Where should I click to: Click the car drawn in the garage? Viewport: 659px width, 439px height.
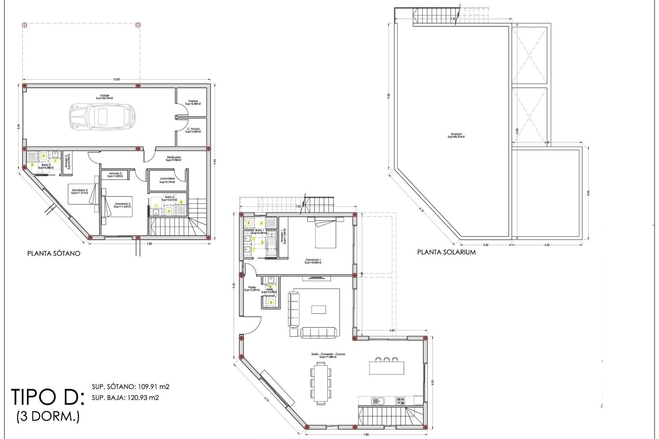[102, 117]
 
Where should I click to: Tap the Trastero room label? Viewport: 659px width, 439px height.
[193, 102]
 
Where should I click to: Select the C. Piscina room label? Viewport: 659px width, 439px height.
[193, 130]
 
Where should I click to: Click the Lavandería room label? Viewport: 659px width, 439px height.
[167, 180]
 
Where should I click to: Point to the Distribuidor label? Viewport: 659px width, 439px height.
[174, 158]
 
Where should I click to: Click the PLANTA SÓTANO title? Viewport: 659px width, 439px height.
[54, 253]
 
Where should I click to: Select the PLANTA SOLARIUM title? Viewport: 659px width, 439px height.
[446, 252]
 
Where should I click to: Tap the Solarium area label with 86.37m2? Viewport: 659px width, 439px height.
[456, 135]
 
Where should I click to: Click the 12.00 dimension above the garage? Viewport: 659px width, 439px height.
[117, 80]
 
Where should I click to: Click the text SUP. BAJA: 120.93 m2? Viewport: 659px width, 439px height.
[125, 398]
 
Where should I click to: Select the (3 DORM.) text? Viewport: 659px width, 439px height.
[48, 417]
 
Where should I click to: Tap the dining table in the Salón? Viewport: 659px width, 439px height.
[321, 382]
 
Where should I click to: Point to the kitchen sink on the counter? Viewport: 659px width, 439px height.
[378, 401]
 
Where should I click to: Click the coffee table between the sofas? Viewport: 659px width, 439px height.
[319, 309]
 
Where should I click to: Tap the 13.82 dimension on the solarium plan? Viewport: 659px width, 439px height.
[517, 131]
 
